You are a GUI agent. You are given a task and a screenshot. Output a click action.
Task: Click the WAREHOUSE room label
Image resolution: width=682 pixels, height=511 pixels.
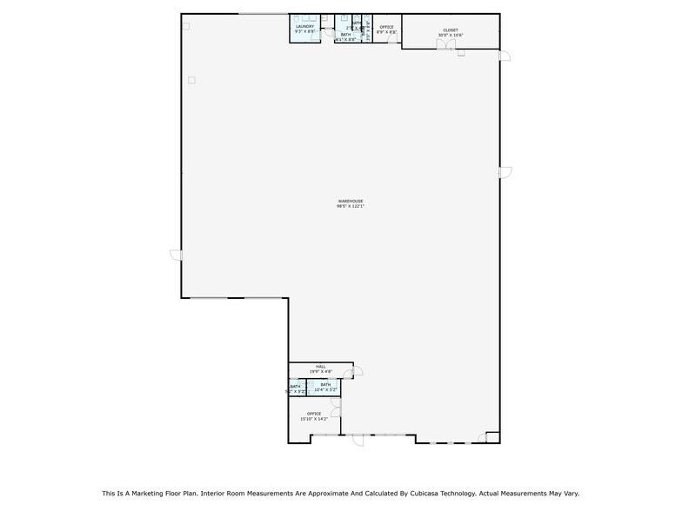pos(350,201)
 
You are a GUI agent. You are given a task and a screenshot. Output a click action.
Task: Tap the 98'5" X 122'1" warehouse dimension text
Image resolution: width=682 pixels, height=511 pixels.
pos(350,206)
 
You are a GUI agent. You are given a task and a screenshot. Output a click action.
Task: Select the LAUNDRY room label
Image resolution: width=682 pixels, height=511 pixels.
pos(304,26)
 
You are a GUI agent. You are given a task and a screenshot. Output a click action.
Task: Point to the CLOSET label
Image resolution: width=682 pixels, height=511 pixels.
pos(450,30)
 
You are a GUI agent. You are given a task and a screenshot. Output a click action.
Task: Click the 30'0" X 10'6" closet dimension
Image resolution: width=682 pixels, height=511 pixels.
pos(450,36)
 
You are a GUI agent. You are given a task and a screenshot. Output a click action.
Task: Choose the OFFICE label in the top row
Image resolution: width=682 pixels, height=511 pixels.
pos(386,27)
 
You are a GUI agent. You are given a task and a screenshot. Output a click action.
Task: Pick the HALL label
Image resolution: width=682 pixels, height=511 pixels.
pos(321,367)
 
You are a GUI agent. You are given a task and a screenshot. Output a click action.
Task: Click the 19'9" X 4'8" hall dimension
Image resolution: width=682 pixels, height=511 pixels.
pos(321,372)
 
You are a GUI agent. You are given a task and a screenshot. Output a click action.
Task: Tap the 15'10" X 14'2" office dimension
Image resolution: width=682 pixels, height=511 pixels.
pos(313,419)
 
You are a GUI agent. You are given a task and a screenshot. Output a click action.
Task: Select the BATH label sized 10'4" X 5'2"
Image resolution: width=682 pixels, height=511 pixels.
pos(325,384)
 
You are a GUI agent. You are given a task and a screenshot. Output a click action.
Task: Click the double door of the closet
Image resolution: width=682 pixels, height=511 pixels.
pos(445,45)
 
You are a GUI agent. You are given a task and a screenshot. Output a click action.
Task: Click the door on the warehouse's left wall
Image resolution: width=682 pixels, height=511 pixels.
pos(176,255)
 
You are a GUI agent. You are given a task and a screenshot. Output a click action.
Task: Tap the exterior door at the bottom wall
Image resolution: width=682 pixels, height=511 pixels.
pos(358,440)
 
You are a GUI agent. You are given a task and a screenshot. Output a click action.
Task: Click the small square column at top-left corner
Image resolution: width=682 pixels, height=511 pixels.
pos(185,26)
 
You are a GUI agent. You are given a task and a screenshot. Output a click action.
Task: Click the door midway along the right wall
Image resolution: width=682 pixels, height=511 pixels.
pos(505,171)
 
